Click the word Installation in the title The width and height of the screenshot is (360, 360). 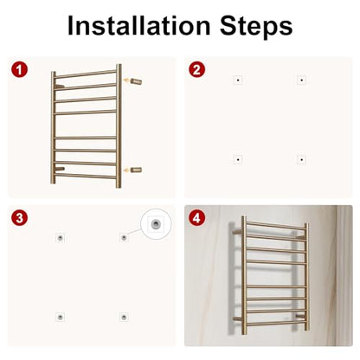138,26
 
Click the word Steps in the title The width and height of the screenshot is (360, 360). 256,27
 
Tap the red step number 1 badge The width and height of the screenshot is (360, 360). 19,70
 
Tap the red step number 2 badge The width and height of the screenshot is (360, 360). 196,70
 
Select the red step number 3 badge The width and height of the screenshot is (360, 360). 19,218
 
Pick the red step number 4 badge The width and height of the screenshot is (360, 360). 196,218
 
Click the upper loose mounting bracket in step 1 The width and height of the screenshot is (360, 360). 136,81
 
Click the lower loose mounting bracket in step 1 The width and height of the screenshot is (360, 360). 136,170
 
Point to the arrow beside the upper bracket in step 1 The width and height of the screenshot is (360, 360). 126,80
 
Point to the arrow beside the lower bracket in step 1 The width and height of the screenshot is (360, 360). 126,170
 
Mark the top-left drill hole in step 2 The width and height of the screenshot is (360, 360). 238,80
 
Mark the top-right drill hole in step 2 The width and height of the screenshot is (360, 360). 301,80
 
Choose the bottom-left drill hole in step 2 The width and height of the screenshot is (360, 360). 238,159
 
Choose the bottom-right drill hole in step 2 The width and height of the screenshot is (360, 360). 301,159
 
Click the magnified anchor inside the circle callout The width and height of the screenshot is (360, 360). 156,223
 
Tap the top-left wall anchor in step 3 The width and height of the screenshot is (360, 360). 60,238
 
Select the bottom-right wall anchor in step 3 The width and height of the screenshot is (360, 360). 124,317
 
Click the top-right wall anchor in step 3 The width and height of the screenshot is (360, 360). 124,238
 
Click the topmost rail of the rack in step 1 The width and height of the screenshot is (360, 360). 86,74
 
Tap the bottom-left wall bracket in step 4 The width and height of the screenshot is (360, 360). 238,318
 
